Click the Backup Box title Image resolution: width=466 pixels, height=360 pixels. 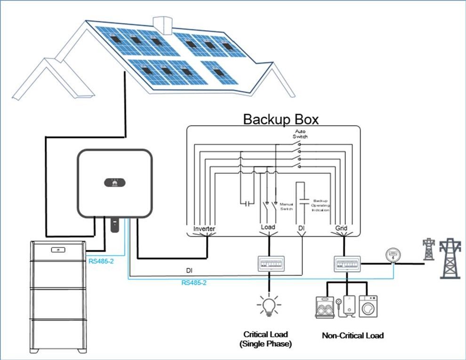point(281,119)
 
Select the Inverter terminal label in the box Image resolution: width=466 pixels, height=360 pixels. point(204,229)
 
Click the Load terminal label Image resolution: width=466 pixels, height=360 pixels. point(268,227)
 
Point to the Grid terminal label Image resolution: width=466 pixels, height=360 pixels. point(341,229)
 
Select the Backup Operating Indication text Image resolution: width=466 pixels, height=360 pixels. point(321,207)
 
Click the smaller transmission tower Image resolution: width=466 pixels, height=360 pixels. point(428,249)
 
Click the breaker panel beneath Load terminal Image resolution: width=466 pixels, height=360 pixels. point(269,263)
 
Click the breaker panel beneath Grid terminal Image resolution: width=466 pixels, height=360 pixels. point(347,263)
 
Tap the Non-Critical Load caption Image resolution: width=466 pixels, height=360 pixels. point(353,335)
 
